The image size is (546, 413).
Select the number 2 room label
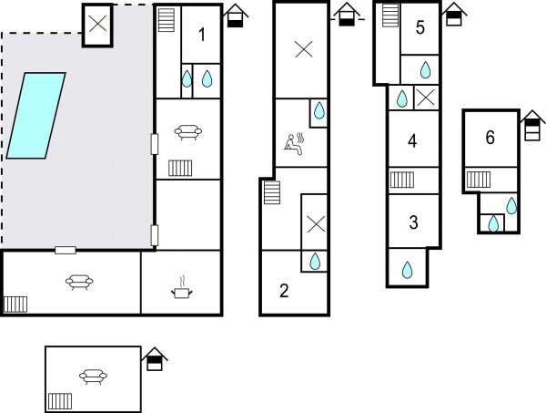point(284,291)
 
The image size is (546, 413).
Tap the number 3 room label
point(413,222)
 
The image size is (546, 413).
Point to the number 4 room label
point(412,141)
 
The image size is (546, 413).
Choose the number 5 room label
point(420,27)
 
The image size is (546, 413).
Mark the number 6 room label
point(490,138)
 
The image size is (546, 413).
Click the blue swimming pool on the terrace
point(36,116)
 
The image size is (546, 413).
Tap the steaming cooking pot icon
point(181,290)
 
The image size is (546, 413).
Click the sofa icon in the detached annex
point(93,376)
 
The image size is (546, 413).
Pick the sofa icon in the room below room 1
point(187,133)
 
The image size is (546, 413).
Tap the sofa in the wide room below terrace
point(76,282)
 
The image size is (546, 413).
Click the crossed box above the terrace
point(98,25)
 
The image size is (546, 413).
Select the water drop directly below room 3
point(407,270)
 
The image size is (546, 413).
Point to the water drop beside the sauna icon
point(318,112)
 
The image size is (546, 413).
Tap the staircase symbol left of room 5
point(390,15)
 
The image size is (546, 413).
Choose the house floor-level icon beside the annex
point(156,358)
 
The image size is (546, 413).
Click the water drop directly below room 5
point(425,69)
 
